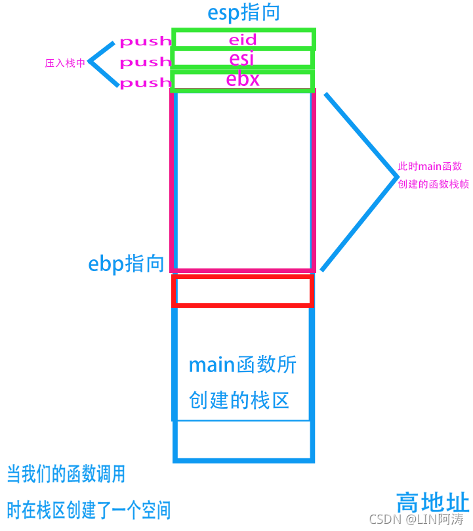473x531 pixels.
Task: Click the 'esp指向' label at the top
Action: pyautogui.click(x=243, y=13)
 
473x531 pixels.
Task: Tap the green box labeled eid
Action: pyautogui.click(x=243, y=39)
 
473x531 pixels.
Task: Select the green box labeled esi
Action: pyautogui.click(x=242, y=58)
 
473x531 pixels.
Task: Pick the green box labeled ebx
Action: pyautogui.click(x=242, y=80)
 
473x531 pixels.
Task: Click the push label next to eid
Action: pyautogui.click(x=145, y=42)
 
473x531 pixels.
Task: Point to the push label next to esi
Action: pyautogui.click(x=145, y=62)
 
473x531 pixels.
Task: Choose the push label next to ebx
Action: pyautogui.click(x=145, y=83)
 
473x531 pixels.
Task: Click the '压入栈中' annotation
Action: pyautogui.click(x=65, y=64)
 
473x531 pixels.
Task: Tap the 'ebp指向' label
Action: pyautogui.click(x=126, y=264)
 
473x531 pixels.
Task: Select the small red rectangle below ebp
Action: pyautogui.click(x=243, y=291)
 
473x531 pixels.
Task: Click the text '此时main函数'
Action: pyautogui.click(x=430, y=167)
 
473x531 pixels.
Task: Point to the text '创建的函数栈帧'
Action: pyautogui.click(x=433, y=184)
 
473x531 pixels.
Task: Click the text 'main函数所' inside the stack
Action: pyautogui.click(x=243, y=365)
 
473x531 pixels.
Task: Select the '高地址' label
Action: pyautogui.click(x=433, y=503)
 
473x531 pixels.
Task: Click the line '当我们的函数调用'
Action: pyautogui.click(x=66, y=473)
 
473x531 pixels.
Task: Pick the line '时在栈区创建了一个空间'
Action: pyautogui.click(x=89, y=509)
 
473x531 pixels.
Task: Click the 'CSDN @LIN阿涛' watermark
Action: pyautogui.click(x=417, y=519)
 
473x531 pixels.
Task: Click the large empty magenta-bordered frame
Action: pyautogui.click(x=243, y=181)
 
